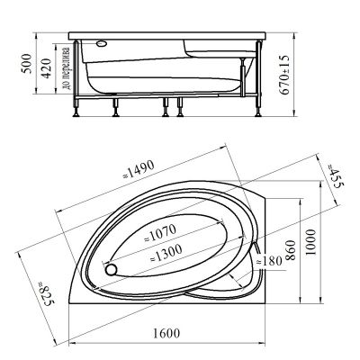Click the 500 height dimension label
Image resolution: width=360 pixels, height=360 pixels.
click(x=27, y=64)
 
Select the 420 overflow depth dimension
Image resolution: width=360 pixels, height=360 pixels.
click(x=46, y=68)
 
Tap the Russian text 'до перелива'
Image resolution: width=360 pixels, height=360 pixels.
click(x=67, y=68)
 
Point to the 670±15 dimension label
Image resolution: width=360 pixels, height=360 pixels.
click(x=284, y=75)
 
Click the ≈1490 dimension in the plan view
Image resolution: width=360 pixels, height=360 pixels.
click(x=139, y=169)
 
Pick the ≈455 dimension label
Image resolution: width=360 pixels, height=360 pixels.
click(x=335, y=176)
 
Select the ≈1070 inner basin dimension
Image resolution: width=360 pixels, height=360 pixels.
click(x=159, y=233)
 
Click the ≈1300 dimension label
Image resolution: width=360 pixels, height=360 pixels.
click(x=166, y=253)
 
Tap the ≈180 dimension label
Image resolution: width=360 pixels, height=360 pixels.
click(x=269, y=261)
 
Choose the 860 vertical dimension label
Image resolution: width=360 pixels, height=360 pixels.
click(x=291, y=250)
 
